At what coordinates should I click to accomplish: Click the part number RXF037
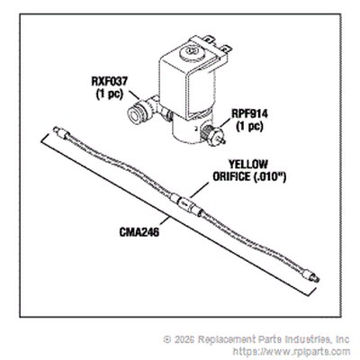110,81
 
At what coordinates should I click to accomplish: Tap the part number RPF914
249,113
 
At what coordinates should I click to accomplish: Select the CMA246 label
139,232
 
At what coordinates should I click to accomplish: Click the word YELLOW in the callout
248,164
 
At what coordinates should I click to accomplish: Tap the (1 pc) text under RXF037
110,94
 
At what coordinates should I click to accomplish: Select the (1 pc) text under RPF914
249,126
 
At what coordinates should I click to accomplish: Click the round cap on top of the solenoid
191,53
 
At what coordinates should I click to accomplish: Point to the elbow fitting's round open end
134,114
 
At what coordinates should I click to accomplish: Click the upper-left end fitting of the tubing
61,133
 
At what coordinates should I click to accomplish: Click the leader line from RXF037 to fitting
134,94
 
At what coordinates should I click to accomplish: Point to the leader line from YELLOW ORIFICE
199,190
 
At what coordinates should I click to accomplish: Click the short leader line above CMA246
164,222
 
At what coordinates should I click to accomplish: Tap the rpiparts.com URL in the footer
291,351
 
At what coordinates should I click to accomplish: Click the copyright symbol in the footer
166,339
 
